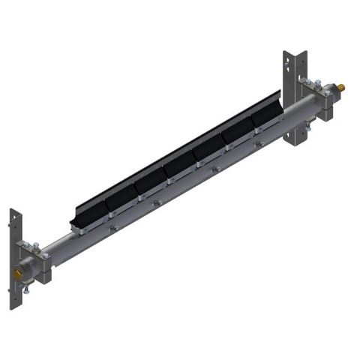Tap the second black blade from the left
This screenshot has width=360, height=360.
[120, 196]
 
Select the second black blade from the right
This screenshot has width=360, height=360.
[237, 133]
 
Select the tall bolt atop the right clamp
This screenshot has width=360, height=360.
[307, 78]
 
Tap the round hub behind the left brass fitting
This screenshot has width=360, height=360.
[27, 269]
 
